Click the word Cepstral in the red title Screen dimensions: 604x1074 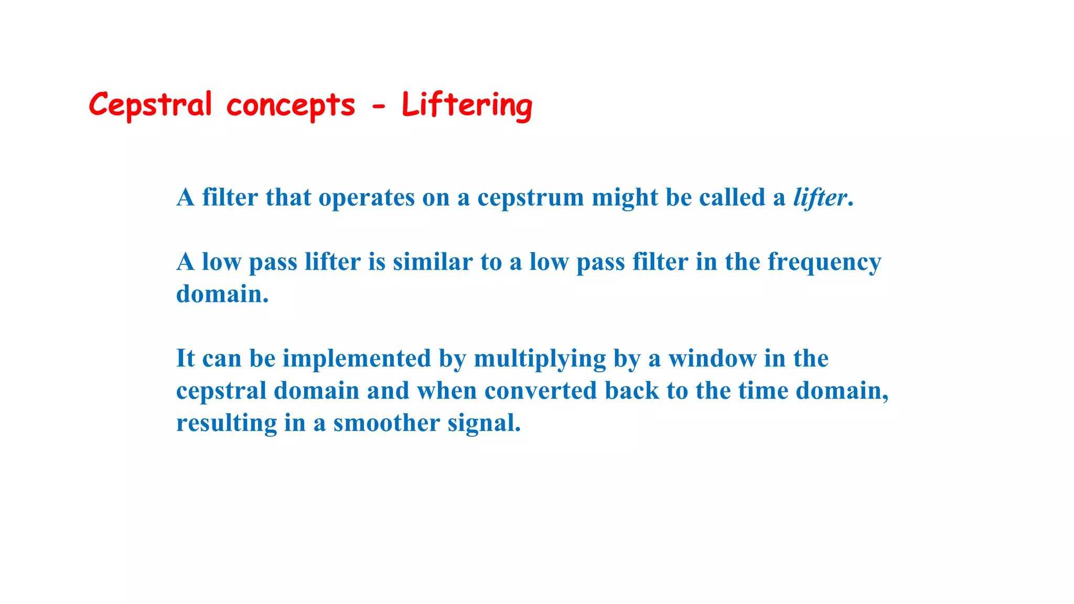(x=150, y=105)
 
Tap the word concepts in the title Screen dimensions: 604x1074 (x=291, y=105)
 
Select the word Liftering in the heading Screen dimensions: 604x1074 (x=467, y=105)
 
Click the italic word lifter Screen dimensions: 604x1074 (x=820, y=198)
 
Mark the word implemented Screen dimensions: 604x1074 (x=357, y=359)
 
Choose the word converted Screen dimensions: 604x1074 (x=540, y=391)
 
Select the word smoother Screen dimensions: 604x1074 (x=386, y=423)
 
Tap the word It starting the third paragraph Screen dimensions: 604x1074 (x=185, y=359)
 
